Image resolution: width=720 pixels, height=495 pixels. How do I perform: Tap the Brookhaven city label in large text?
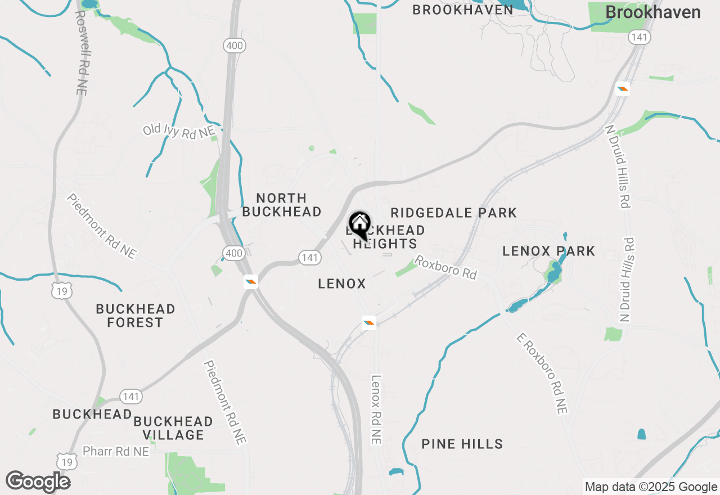point(652,12)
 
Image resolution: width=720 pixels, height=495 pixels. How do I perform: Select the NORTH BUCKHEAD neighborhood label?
point(282,205)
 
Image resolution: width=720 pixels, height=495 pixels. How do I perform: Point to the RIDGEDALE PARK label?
point(453,213)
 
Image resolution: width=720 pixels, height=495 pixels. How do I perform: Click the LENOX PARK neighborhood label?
point(548,251)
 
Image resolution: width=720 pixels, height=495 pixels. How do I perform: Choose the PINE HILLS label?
point(462,444)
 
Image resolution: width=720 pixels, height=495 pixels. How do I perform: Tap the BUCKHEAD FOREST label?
point(135,316)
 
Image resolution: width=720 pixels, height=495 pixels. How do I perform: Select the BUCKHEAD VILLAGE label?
point(173,428)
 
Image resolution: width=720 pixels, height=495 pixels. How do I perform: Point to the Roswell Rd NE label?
point(80,52)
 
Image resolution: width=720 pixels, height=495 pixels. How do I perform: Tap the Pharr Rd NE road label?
point(116,451)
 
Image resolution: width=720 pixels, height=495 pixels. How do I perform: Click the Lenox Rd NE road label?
point(376,410)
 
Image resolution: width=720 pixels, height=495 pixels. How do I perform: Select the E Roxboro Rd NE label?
point(541,372)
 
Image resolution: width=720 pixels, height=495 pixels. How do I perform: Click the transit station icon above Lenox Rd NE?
point(368,322)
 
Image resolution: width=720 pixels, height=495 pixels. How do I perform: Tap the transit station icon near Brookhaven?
point(622,89)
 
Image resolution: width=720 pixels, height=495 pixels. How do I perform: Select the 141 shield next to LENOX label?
point(310,258)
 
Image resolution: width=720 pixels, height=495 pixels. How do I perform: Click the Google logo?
point(38,481)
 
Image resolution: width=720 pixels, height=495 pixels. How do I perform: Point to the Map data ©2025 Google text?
point(651,487)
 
